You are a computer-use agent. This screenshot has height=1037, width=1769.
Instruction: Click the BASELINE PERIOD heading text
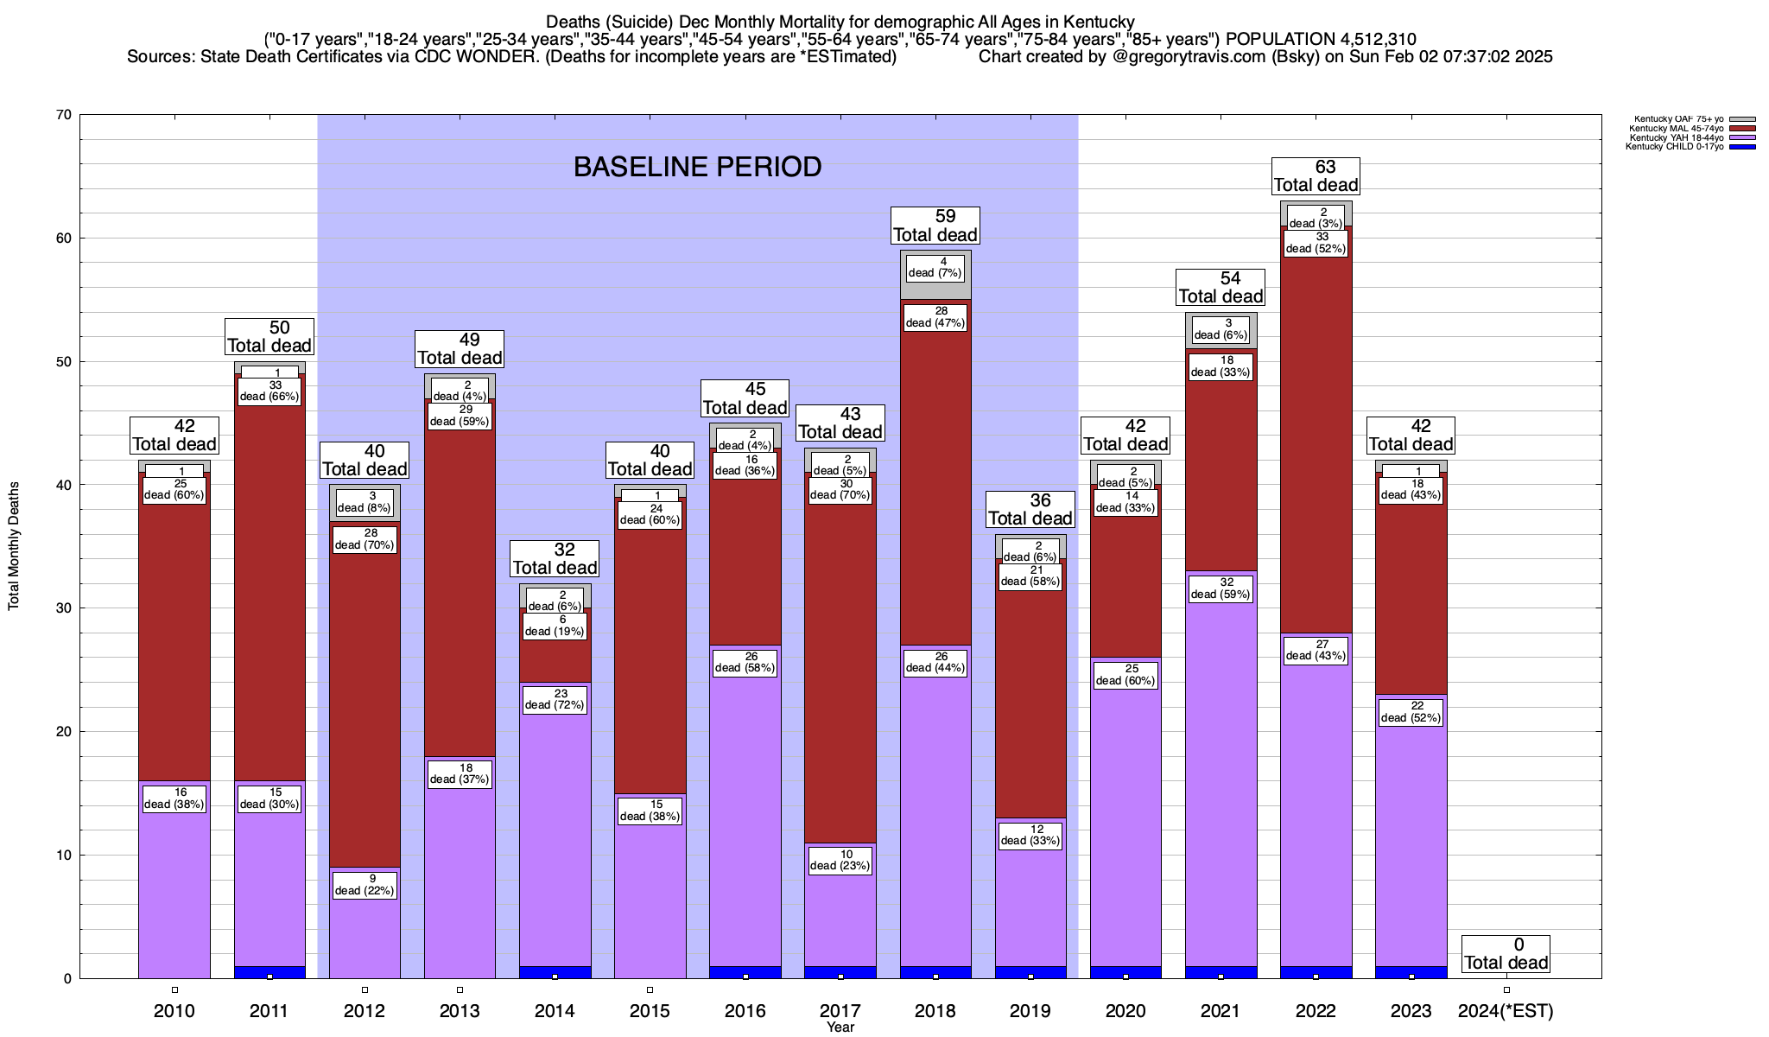coord(697,167)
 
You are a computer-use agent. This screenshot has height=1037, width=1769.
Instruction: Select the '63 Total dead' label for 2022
coord(1316,176)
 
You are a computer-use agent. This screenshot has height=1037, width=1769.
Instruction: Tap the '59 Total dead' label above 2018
coord(935,226)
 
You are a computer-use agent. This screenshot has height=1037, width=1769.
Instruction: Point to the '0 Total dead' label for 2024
coord(1506,954)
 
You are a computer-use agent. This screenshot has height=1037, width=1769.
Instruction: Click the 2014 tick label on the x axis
coord(555,1011)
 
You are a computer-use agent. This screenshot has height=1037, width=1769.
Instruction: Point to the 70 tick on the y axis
coord(63,115)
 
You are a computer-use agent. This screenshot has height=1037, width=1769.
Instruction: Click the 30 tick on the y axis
coord(63,608)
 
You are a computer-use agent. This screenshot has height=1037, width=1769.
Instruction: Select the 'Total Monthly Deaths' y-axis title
coord(14,546)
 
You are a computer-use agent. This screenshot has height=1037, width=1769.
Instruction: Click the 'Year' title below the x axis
coord(840,1027)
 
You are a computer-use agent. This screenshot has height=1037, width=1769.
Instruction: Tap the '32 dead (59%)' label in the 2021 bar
coord(1220,588)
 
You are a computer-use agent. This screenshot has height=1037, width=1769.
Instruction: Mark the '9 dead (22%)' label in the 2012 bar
coord(365,885)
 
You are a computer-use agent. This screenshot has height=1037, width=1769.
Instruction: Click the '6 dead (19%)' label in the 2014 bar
coord(555,626)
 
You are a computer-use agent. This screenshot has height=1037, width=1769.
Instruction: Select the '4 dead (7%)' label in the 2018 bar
coord(935,267)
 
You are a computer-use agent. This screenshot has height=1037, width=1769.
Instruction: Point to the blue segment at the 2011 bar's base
coord(269,972)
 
